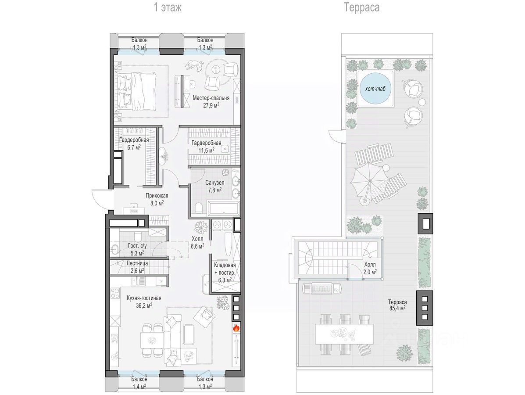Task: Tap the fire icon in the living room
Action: point(236,328)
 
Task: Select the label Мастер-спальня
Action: point(211,98)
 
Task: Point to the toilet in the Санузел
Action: point(198,208)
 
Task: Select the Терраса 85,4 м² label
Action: point(397,305)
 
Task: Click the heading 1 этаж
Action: point(168,7)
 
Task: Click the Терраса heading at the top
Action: point(361,7)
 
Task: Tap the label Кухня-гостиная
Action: point(144,298)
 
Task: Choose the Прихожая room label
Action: point(157,196)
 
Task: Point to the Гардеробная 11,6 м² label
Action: point(206,147)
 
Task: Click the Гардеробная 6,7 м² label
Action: point(134,144)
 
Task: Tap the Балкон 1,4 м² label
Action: point(139,383)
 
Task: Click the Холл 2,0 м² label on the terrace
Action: point(370,268)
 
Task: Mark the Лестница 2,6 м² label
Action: point(137,266)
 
